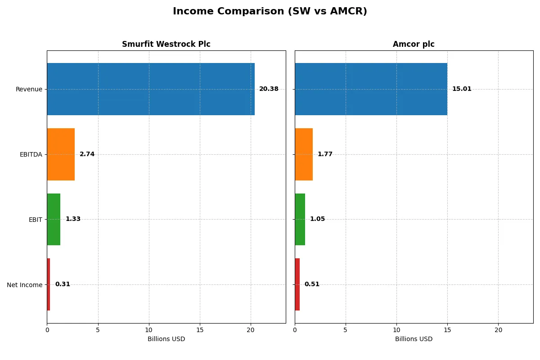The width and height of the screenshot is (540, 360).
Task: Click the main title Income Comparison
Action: point(270,11)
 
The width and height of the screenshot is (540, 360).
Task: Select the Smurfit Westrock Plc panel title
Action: point(166,44)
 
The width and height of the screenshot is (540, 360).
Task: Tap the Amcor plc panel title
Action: point(414,44)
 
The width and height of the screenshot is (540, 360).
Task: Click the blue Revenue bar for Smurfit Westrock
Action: point(151,89)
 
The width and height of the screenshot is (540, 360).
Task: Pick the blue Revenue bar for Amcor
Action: point(371,89)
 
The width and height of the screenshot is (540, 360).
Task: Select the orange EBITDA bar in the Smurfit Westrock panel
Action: point(61,154)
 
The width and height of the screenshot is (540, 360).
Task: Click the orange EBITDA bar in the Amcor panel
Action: point(304,154)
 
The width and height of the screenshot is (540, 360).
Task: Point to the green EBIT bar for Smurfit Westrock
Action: point(54,219)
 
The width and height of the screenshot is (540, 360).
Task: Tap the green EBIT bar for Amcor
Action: point(300,219)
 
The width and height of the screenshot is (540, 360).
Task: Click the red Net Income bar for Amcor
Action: point(297,284)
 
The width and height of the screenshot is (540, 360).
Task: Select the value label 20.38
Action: point(269,89)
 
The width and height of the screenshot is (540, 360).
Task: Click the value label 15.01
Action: point(462,89)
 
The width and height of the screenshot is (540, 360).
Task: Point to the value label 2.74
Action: point(87,154)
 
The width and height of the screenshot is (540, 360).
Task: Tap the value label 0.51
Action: point(312,284)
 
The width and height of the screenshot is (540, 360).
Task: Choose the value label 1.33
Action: point(73,219)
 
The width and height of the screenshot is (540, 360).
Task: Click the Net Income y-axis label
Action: point(25,285)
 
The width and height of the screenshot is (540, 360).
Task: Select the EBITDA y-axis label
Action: point(31,154)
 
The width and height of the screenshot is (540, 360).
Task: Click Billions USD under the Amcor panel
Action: point(414,339)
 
